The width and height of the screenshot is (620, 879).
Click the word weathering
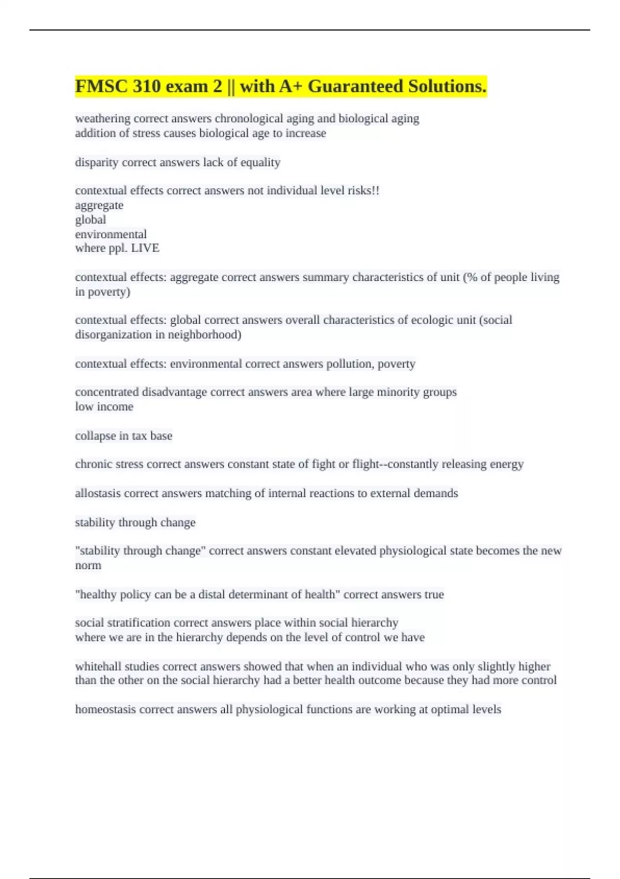102,119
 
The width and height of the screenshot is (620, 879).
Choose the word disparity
96,162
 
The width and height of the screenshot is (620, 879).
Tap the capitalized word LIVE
145,248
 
